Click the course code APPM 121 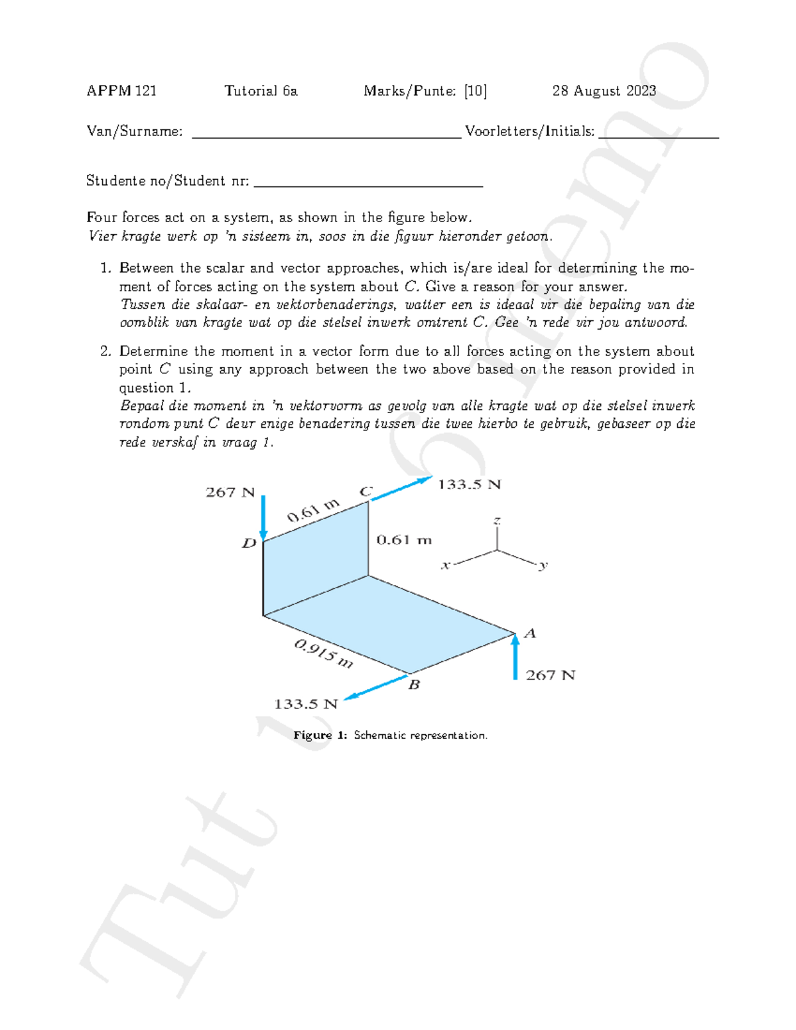(x=121, y=91)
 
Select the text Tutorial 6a (x=261, y=91)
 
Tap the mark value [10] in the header (x=475, y=91)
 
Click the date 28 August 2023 (x=604, y=91)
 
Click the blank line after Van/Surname (x=326, y=135)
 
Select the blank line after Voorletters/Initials (x=658, y=135)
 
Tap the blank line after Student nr (x=368, y=184)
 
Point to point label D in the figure (x=249, y=544)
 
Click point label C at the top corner (x=365, y=491)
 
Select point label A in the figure (x=529, y=633)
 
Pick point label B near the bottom (x=413, y=684)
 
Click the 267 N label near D (x=230, y=492)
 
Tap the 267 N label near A (x=550, y=675)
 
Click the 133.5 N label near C (x=468, y=485)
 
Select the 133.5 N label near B (x=306, y=704)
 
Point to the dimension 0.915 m (x=324, y=653)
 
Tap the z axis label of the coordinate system (x=497, y=521)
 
